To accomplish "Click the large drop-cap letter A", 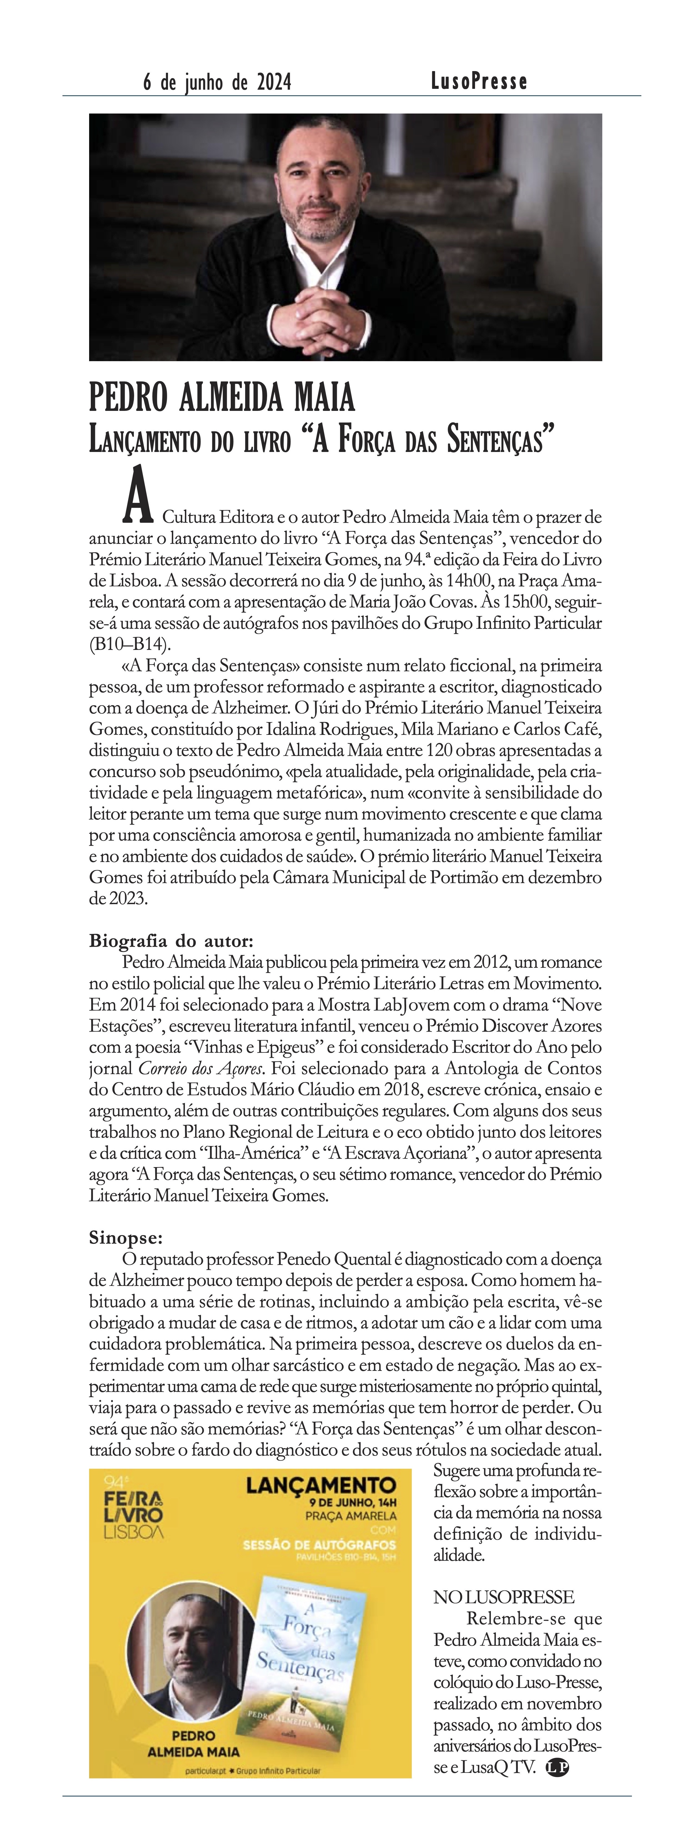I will point(138,498).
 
